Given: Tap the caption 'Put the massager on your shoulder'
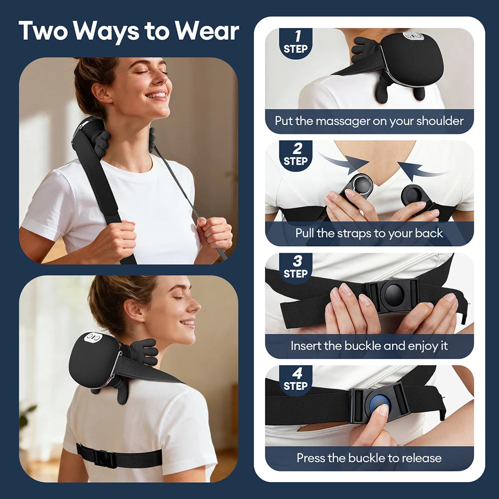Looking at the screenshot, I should [369, 121].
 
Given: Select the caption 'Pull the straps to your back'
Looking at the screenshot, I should [369, 233].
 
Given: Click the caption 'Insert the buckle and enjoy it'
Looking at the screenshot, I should [369, 346].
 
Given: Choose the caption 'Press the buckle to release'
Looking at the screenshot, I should [369, 458].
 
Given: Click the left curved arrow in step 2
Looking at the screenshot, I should [344, 163].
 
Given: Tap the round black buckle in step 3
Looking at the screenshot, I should [394, 295].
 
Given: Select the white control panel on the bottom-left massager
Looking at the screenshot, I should [93, 338].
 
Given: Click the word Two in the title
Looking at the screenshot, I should [43, 31].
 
